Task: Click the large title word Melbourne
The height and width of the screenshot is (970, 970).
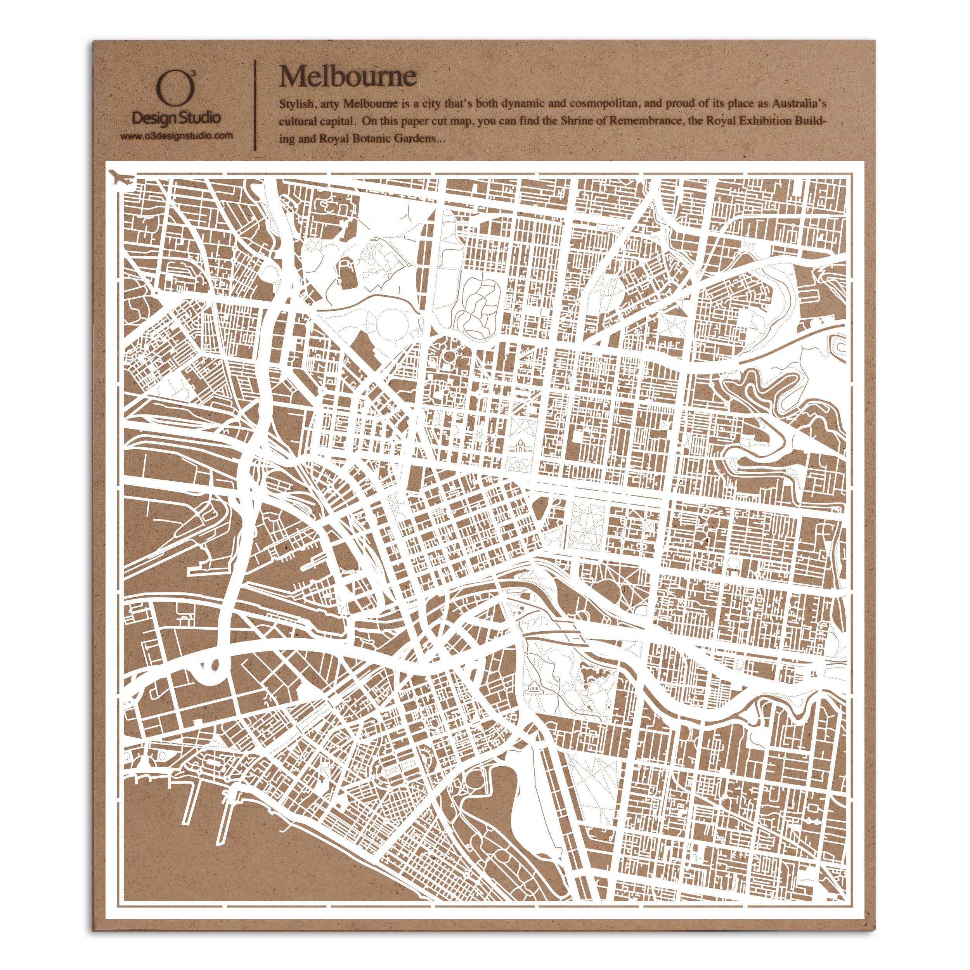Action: (347, 76)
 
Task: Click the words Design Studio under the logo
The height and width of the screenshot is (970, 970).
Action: (176, 118)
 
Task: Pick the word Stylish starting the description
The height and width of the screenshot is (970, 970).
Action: (296, 104)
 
